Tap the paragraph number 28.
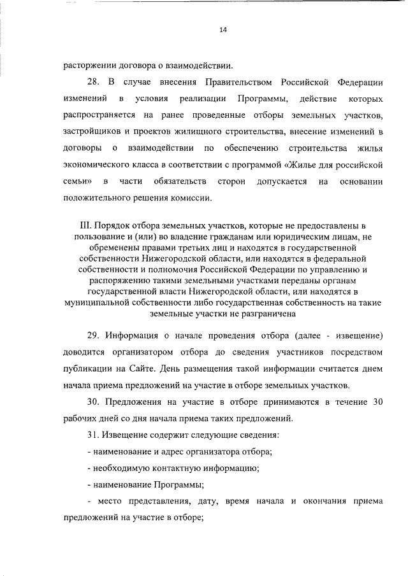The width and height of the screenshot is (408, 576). pos(93,83)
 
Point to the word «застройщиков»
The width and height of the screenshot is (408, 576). pos(91,132)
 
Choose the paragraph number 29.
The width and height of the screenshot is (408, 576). pos(93,335)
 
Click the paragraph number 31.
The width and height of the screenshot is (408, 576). pos(93,435)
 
